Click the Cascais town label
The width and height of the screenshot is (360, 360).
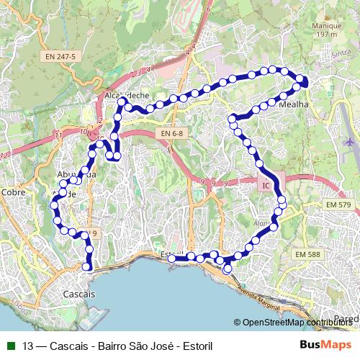pyautogui.click(x=78, y=295)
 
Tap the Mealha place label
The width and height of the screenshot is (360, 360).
pyautogui.click(x=292, y=104)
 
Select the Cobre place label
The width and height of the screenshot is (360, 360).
pyautogui.click(x=13, y=192)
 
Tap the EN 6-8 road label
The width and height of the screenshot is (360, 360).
pyautogui.click(x=173, y=133)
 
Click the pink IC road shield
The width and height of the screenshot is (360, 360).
pyautogui.click(x=266, y=186)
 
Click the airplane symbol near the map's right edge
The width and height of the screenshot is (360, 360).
pyautogui.click(x=350, y=142)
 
